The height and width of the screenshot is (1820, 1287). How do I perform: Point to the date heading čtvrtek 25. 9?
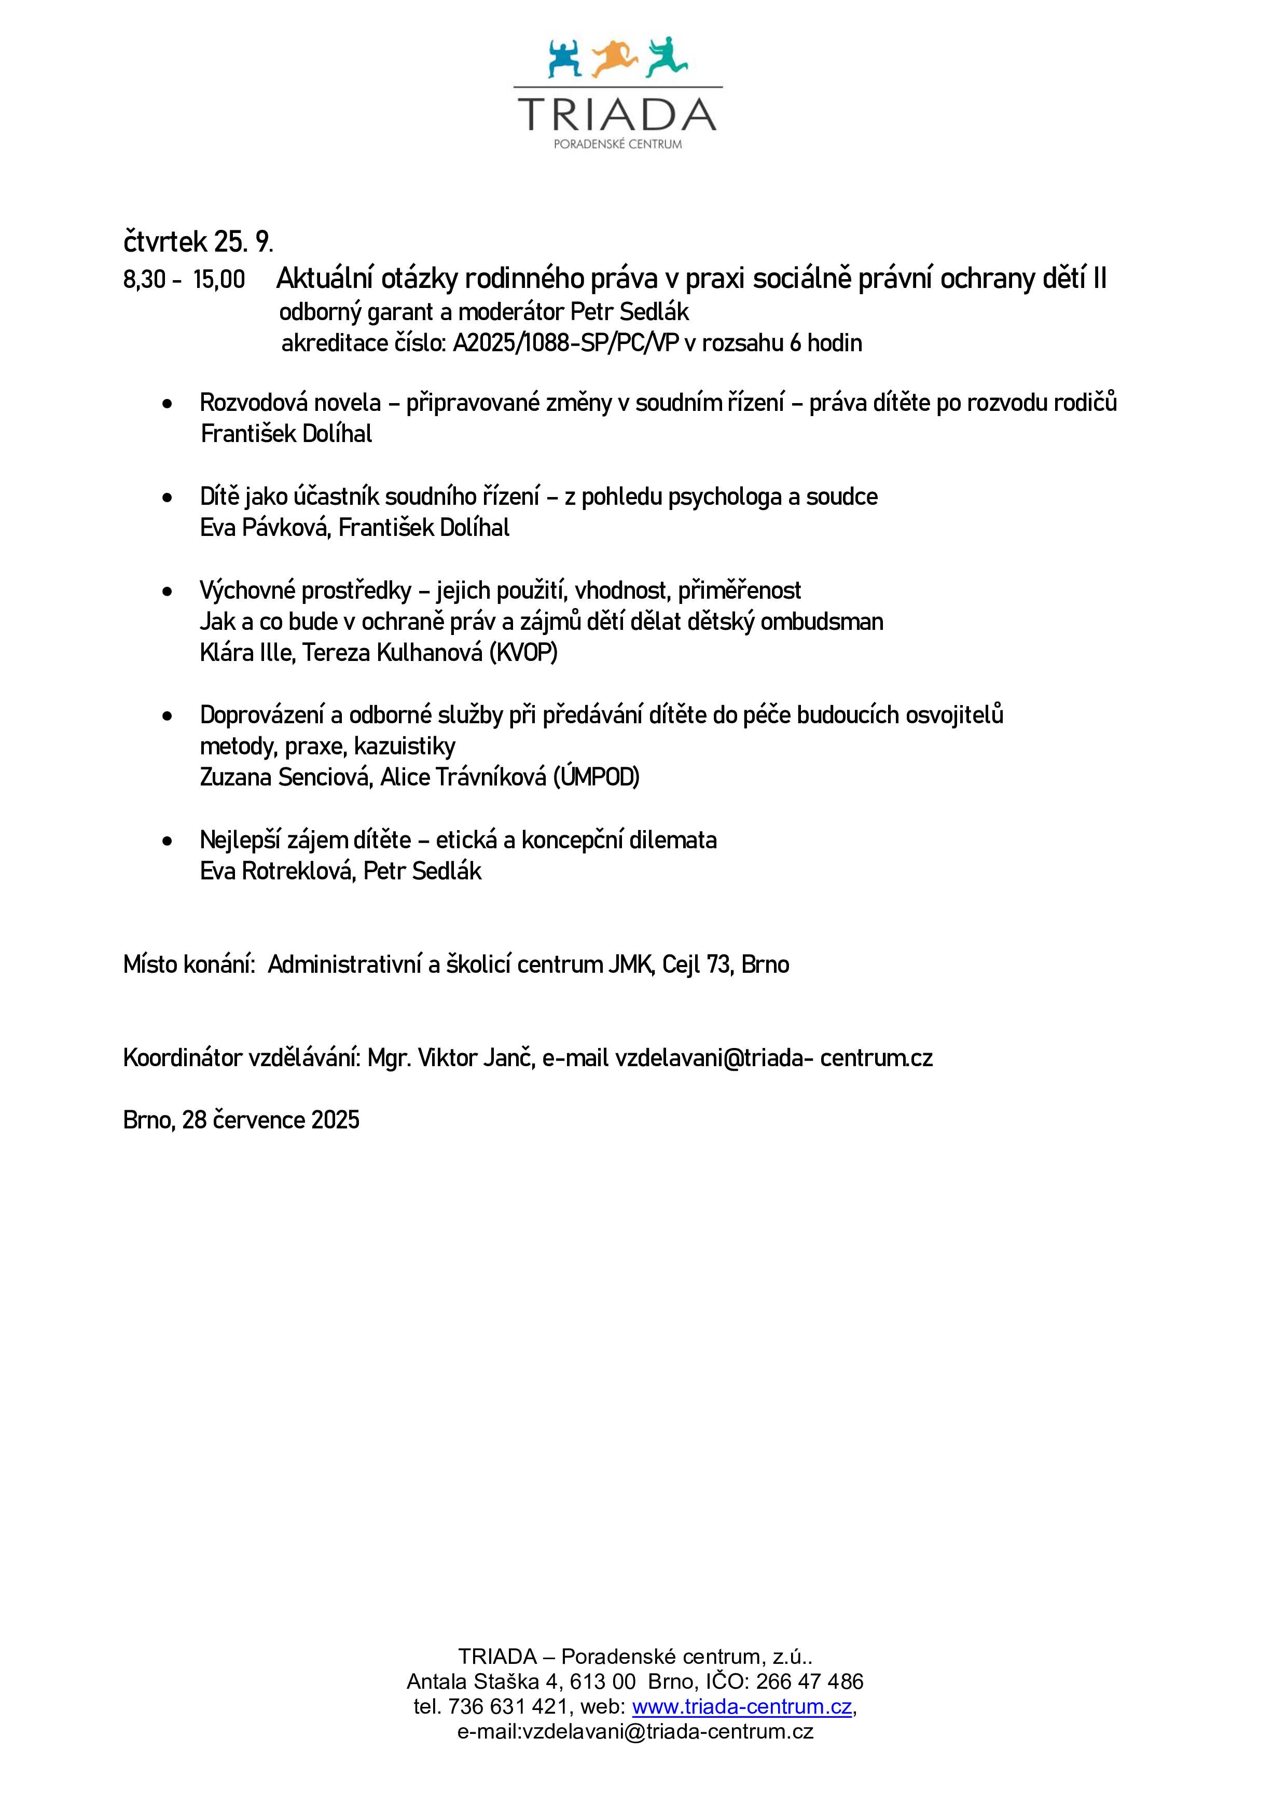coord(198,240)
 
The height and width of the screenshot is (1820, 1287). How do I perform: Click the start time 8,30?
coord(144,280)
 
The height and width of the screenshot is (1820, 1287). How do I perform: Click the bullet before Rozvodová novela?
coord(167,404)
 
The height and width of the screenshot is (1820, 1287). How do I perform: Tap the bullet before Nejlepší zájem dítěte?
coord(167,841)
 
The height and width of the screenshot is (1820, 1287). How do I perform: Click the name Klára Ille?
coord(246,652)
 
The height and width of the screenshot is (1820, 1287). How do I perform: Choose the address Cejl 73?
coord(697,964)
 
